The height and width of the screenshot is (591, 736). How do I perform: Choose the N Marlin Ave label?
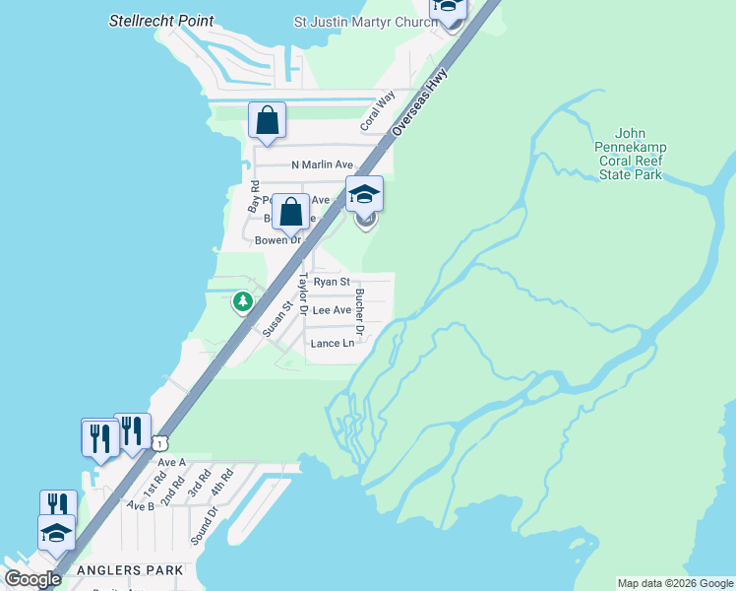pyautogui.click(x=322, y=165)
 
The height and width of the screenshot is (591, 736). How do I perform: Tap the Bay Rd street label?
pyautogui.click(x=254, y=198)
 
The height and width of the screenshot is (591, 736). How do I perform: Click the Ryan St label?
pyautogui.click(x=332, y=282)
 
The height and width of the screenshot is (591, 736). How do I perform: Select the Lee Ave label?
pyautogui.click(x=332, y=310)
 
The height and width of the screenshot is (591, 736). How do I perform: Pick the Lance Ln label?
pyautogui.click(x=332, y=344)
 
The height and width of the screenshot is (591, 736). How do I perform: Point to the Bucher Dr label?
pyautogui.click(x=360, y=313)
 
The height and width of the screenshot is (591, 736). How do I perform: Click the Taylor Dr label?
pyautogui.click(x=304, y=294)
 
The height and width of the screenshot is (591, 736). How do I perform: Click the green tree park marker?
pyautogui.click(x=242, y=301)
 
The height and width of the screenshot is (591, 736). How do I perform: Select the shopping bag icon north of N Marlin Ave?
pyautogui.click(x=267, y=121)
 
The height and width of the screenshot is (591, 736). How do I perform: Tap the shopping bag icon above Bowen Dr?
pyautogui.click(x=290, y=212)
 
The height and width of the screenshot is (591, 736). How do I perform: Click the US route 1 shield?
pyautogui.click(x=159, y=445)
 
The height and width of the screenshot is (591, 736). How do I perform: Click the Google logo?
pyautogui.click(x=32, y=579)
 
